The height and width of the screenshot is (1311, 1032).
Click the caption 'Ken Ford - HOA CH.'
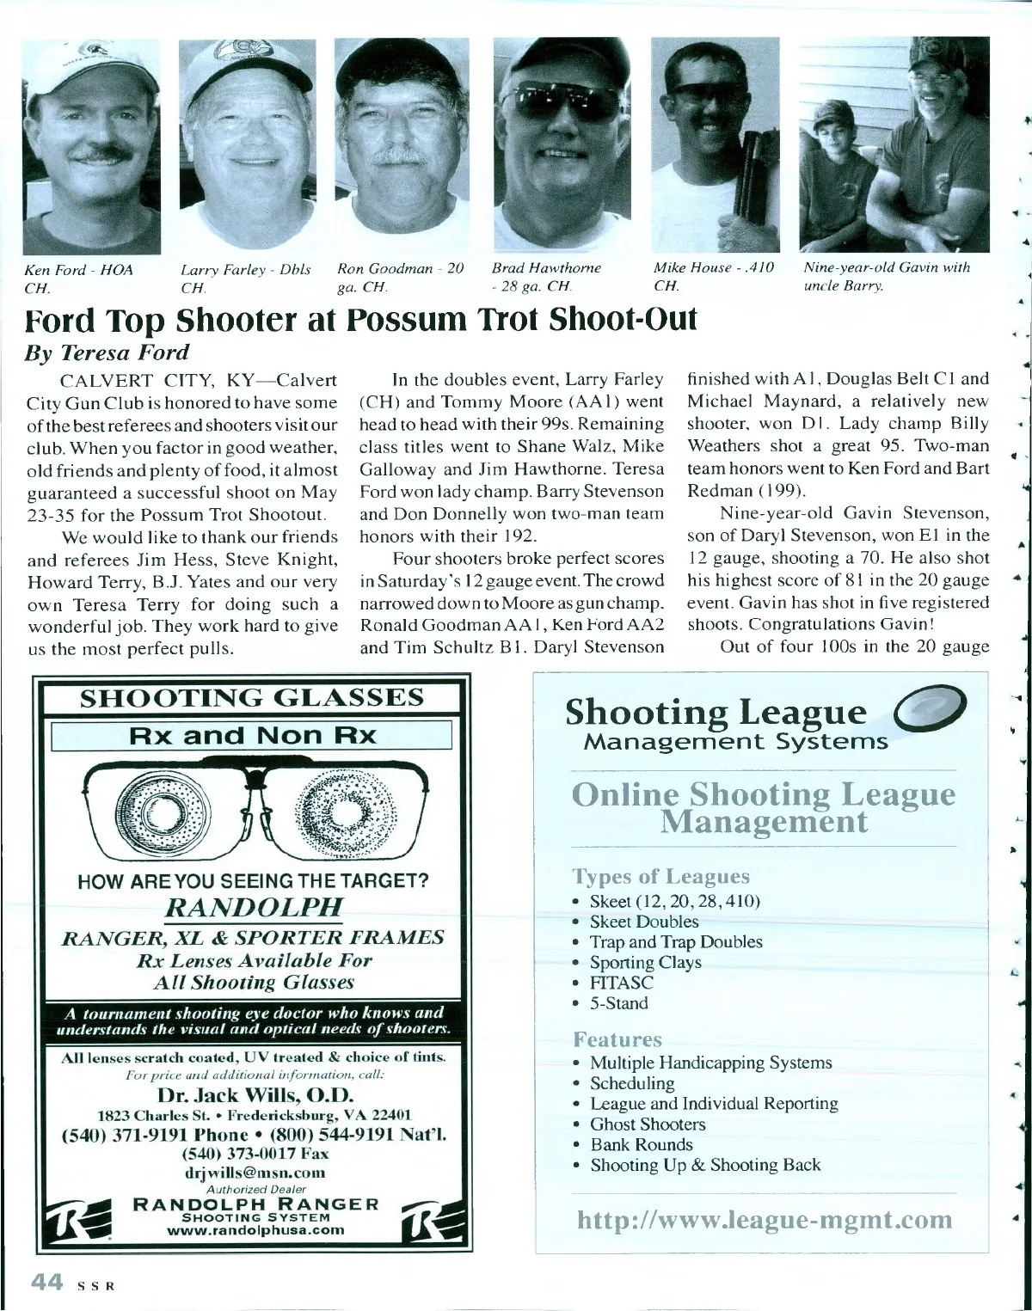pyautogui.click(x=78, y=277)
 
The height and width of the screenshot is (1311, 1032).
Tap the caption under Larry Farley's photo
pyautogui.click(x=245, y=277)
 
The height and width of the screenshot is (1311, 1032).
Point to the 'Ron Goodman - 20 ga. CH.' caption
pyautogui.click(x=400, y=277)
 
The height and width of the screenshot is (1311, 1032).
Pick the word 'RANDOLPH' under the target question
pyautogui.click(x=255, y=907)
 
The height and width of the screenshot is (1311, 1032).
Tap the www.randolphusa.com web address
pyautogui.click(x=255, y=1229)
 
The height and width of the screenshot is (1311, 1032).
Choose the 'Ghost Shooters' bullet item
pyautogui.click(x=647, y=1124)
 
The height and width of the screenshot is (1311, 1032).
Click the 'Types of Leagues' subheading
pyautogui.click(x=660, y=876)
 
